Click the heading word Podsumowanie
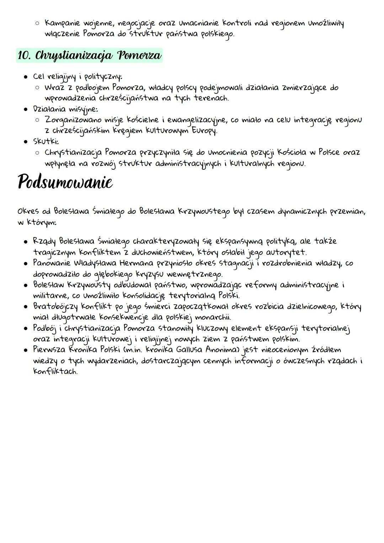click(x=65, y=183)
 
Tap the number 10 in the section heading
click(x=25, y=56)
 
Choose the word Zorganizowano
click(x=73, y=120)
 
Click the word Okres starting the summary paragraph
click(x=28, y=211)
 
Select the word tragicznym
click(x=54, y=253)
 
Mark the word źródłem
click(x=326, y=350)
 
